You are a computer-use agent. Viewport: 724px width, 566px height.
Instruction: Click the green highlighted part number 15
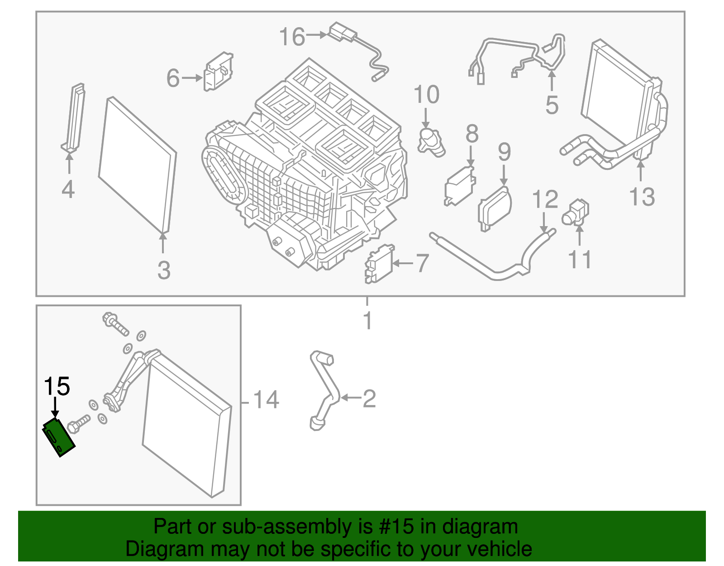(58, 437)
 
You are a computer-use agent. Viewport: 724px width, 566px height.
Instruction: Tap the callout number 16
(292, 37)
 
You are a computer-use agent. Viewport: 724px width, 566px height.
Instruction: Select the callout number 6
(173, 78)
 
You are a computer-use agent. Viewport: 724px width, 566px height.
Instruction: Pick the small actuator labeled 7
(379, 264)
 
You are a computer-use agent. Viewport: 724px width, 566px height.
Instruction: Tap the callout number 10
(426, 95)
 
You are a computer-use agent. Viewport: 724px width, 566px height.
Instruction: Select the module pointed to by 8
(459, 185)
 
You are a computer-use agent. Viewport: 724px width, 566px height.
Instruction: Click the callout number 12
(545, 199)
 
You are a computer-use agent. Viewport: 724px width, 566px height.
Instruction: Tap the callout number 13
(642, 197)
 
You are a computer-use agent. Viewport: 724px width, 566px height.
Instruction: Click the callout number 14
(266, 400)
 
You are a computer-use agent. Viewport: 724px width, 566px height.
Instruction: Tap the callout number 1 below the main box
(367, 321)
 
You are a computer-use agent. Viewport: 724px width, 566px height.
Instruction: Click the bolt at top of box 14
(115, 324)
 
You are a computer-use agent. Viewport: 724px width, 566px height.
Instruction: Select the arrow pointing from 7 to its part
(403, 263)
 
